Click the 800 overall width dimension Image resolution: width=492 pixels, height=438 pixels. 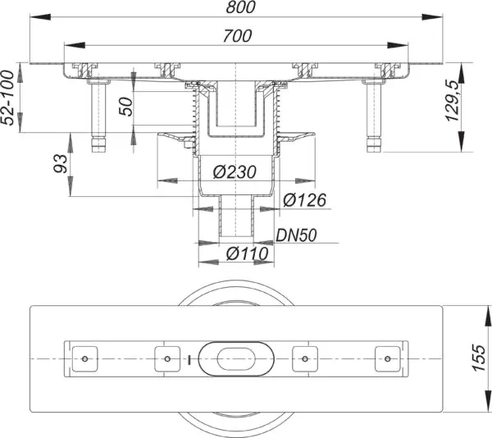pyautogui.click(x=240, y=8)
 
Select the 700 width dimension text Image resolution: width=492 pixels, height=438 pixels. pyautogui.click(x=238, y=36)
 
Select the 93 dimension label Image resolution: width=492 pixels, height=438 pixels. pyautogui.click(x=60, y=169)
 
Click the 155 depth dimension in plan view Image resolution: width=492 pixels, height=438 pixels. pyautogui.click(x=481, y=358)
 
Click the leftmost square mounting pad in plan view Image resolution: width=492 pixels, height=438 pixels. pyautogui.click(x=86, y=358)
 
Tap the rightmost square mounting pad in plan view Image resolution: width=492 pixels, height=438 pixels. pyautogui.click(x=385, y=358)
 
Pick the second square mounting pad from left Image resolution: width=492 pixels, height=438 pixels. pyautogui.click(x=166, y=358)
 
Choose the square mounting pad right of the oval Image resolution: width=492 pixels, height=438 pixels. pyautogui.click(x=305, y=358)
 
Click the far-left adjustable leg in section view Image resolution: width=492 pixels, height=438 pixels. pyautogui.click(x=98, y=115)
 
